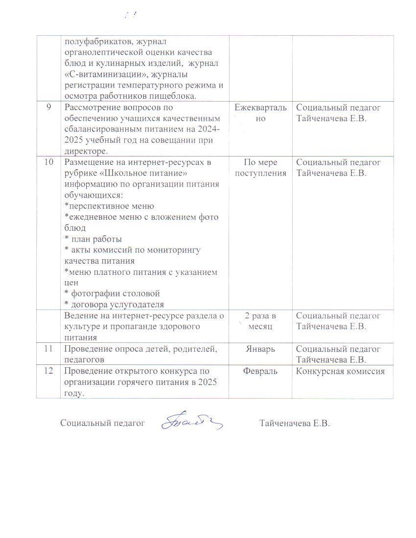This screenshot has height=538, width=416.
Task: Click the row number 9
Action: [x=48, y=107]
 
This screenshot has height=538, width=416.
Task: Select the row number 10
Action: [x=48, y=162]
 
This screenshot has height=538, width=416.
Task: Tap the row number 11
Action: [x=48, y=349]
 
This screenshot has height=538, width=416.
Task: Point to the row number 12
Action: [x=48, y=371]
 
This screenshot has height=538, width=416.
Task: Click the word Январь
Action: [x=260, y=349]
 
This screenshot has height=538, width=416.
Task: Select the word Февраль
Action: [x=260, y=371]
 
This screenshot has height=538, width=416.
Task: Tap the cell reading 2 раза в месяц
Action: [x=260, y=321]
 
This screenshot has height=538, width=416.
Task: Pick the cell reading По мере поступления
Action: [x=260, y=167]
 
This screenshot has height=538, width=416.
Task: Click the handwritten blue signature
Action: [x=192, y=420]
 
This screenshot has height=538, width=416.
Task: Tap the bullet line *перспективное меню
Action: [x=109, y=206]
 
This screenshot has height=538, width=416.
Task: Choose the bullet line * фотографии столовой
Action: [x=112, y=293]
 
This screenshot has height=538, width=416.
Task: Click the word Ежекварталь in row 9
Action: [x=260, y=107]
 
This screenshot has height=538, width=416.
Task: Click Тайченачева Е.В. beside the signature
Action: [x=295, y=423]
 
